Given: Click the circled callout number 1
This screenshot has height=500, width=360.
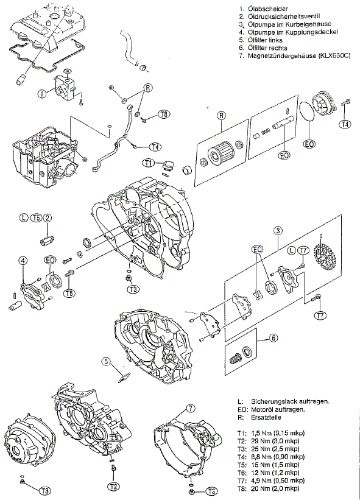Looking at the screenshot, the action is (x=42, y=93).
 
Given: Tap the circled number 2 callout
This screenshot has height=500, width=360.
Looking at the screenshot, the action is (x=47, y=218).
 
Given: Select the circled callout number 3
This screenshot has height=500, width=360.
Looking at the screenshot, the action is (x=278, y=231).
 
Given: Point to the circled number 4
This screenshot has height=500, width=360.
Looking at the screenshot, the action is (x=23, y=261).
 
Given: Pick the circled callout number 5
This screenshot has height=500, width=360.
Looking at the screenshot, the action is (x=107, y=361).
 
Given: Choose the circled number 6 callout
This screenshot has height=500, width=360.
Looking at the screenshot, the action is (x=274, y=337).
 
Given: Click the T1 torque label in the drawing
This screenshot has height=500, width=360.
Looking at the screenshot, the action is (x=148, y=163).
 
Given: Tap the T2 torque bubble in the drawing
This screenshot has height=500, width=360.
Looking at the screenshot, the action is (x=113, y=486).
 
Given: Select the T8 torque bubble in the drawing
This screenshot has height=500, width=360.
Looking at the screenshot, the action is (x=164, y=114).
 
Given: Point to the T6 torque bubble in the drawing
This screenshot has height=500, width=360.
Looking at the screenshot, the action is (x=69, y=292).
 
